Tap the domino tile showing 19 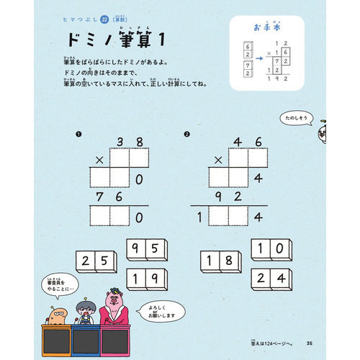coord(147,279)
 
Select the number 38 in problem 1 coord(127,143)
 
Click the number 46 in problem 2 coord(247,143)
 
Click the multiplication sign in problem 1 coord(99,159)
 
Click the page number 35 coord(309,341)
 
